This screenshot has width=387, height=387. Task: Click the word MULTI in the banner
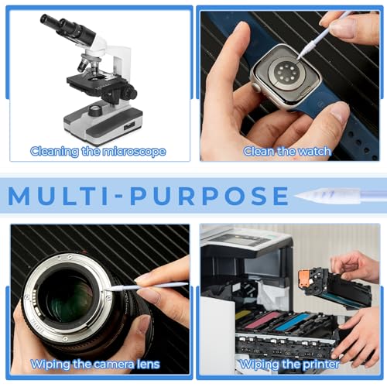pos(59,196)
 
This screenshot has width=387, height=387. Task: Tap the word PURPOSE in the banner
pos(210,196)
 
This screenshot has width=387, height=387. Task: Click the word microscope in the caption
pos(134,152)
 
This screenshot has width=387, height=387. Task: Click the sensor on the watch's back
pos(285,73)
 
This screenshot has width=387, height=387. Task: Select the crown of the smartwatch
pos(257,87)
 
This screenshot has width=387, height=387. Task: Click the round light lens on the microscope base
pos(95,110)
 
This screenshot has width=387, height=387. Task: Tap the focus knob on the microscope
pos(128,92)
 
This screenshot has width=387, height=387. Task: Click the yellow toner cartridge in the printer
pos(242,315)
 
